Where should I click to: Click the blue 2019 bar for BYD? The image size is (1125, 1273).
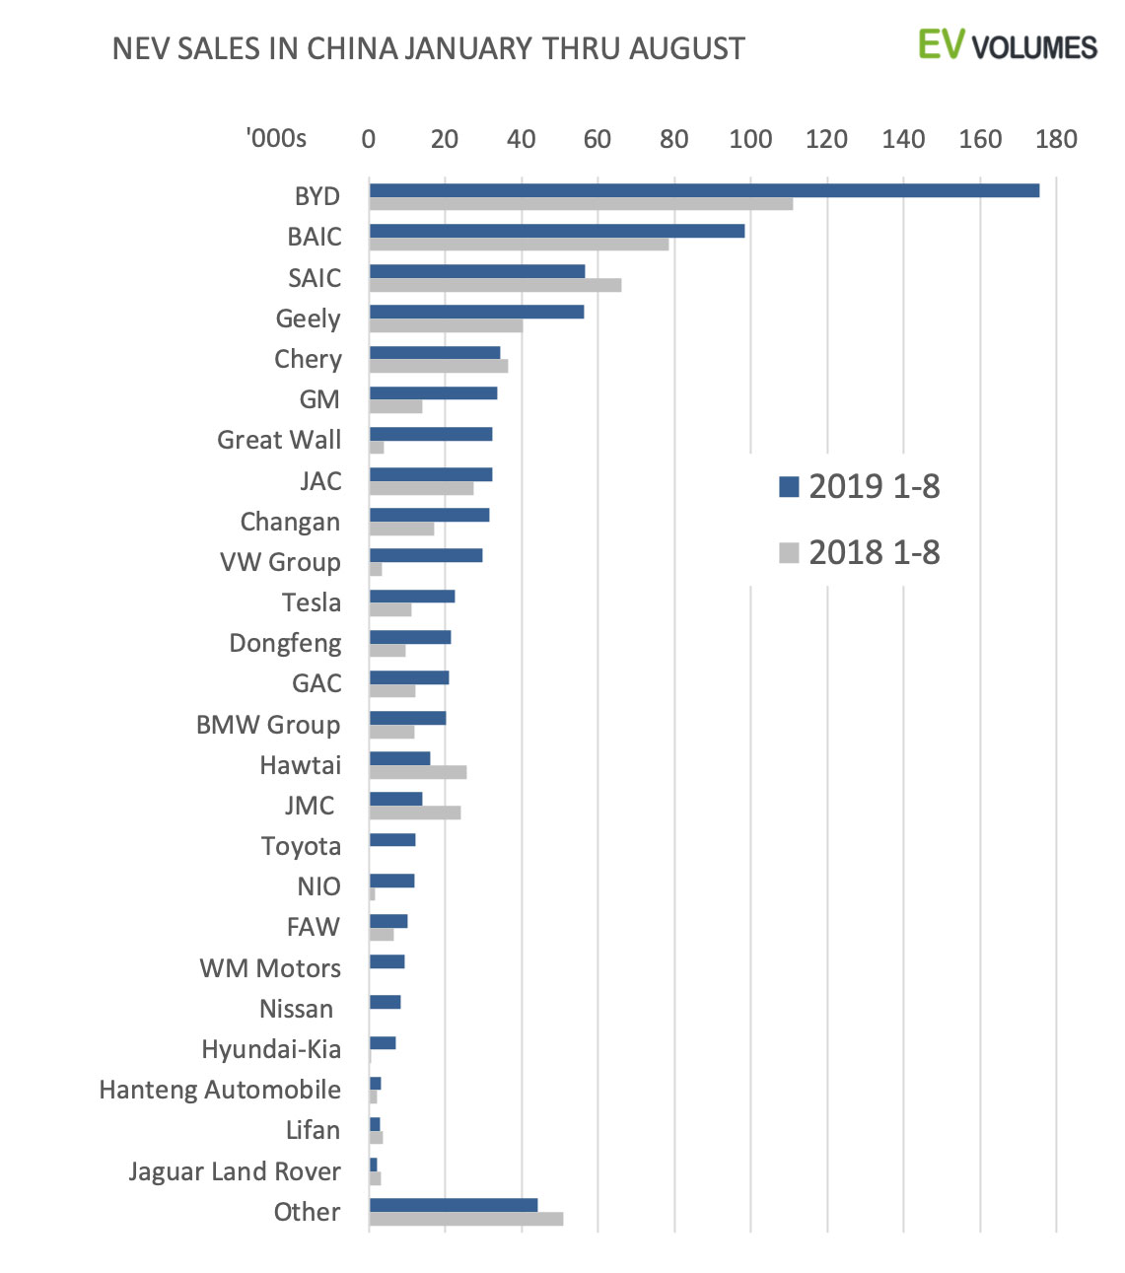(704, 190)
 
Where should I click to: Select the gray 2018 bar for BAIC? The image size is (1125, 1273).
(519, 245)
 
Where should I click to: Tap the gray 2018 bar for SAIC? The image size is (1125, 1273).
(495, 285)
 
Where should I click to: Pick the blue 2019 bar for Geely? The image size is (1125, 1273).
(476, 312)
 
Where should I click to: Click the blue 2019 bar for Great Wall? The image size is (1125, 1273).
(431, 434)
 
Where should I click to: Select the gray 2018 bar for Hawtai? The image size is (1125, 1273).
(418, 772)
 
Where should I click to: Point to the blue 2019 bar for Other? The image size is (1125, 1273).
(454, 1205)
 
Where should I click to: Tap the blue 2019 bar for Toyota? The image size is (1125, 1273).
(392, 840)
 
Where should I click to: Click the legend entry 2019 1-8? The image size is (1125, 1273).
(860, 486)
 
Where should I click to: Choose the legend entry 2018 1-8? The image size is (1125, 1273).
(860, 552)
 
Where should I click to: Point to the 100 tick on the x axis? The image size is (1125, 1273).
(750, 139)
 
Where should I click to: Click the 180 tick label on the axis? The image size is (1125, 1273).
(1056, 139)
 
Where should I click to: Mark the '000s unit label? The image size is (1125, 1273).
(276, 139)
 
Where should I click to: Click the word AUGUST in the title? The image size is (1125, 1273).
(687, 48)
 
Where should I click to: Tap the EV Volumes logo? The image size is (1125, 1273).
(1007, 45)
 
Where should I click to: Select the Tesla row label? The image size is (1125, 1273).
(312, 602)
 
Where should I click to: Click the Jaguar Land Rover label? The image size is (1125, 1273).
(235, 1171)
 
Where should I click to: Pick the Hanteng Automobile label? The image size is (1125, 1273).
(220, 1090)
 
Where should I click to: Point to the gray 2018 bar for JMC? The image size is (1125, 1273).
(415, 813)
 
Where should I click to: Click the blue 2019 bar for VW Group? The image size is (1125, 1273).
(426, 556)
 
